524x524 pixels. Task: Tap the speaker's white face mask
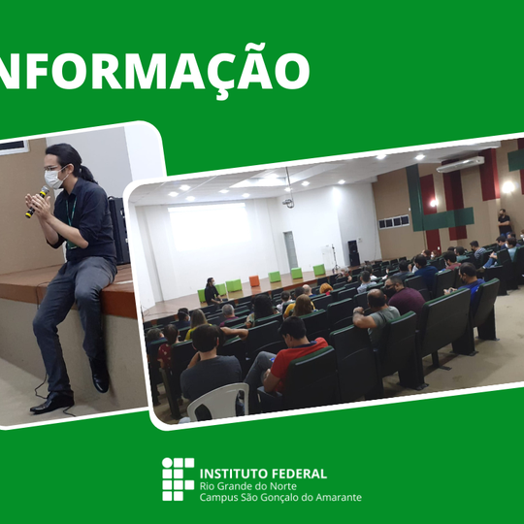54,179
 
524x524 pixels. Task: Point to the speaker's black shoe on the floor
51,402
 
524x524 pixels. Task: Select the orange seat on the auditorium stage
254,281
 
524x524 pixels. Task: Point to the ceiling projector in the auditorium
288,201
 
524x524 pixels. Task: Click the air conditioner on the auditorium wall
460,164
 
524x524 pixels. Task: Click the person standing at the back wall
504,222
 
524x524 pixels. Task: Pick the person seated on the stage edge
212,291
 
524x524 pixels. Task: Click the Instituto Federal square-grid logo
178,478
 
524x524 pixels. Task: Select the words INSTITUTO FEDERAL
262,474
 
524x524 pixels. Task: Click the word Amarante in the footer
336,498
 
